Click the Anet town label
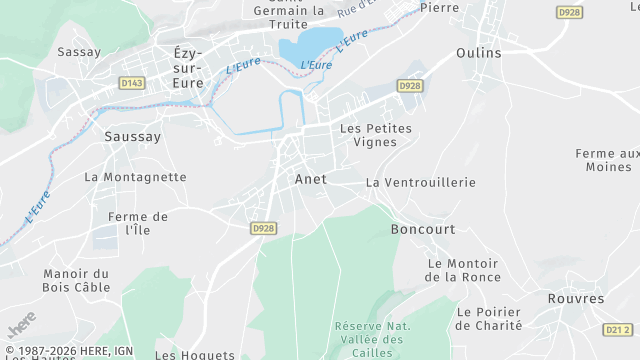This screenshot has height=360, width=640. tap(310, 179)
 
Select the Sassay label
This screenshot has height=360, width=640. tap(79, 52)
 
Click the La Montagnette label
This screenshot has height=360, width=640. tap(135, 177)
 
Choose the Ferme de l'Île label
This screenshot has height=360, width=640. tap(138, 223)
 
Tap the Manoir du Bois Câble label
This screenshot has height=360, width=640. tap(76, 280)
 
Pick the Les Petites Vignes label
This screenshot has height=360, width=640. tap(375, 135)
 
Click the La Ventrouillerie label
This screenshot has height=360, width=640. tap(420, 183)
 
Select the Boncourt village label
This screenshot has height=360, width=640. tap(422, 229)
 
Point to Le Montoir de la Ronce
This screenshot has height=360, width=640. tap(462, 270)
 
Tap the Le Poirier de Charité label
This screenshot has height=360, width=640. tap(489, 318)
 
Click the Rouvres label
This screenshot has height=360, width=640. tap(576, 299)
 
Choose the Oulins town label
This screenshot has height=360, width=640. tap(478, 52)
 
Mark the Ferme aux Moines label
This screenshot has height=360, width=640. tap(606, 160)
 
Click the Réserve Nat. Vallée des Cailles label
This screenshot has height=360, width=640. tap(372, 333)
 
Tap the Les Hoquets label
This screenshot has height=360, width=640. tap(195, 354)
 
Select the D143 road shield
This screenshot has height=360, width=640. tap(131, 83)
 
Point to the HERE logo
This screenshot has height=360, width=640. tap(20, 323)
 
